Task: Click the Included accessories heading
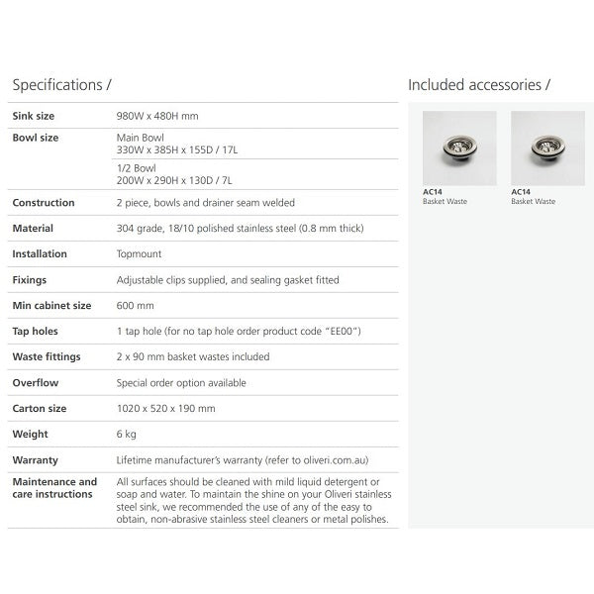[x=479, y=85]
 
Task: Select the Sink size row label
[x=34, y=116]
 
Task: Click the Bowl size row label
[x=36, y=138]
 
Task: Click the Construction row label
[x=44, y=203]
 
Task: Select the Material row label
[x=33, y=229]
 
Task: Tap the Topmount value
[x=140, y=254]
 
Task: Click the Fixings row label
[x=30, y=280]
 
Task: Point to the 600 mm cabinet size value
[x=136, y=306]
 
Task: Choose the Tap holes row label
[x=36, y=332]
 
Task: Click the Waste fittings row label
[x=47, y=356]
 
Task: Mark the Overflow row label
[x=35, y=382]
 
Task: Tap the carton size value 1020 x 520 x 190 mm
[x=166, y=408]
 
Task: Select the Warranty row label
[x=35, y=459]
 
